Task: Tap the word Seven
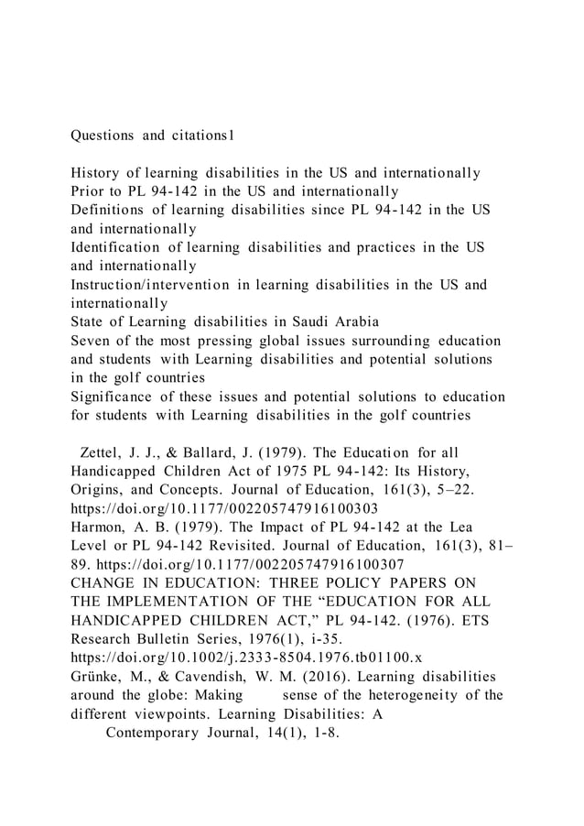[x=92, y=341]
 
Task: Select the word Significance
[x=115, y=397]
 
